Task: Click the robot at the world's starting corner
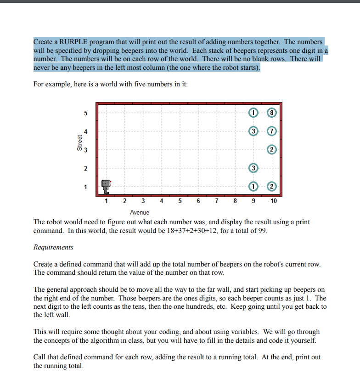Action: click(x=107, y=186)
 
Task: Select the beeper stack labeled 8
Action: click(x=272, y=113)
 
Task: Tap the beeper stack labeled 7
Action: click(x=272, y=131)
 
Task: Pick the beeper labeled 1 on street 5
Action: click(x=253, y=113)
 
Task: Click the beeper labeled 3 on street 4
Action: click(x=253, y=131)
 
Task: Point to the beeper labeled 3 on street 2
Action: click(x=253, y=168)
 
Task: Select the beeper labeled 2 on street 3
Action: click(x=272, y=150)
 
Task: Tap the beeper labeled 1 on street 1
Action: click(x=253, y=187)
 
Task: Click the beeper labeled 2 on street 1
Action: click(x=272, y=187)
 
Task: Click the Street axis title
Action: click(x=80, y=143)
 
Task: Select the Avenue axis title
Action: click(x=140, y=212)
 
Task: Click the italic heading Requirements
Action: click(x=53, y=247)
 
